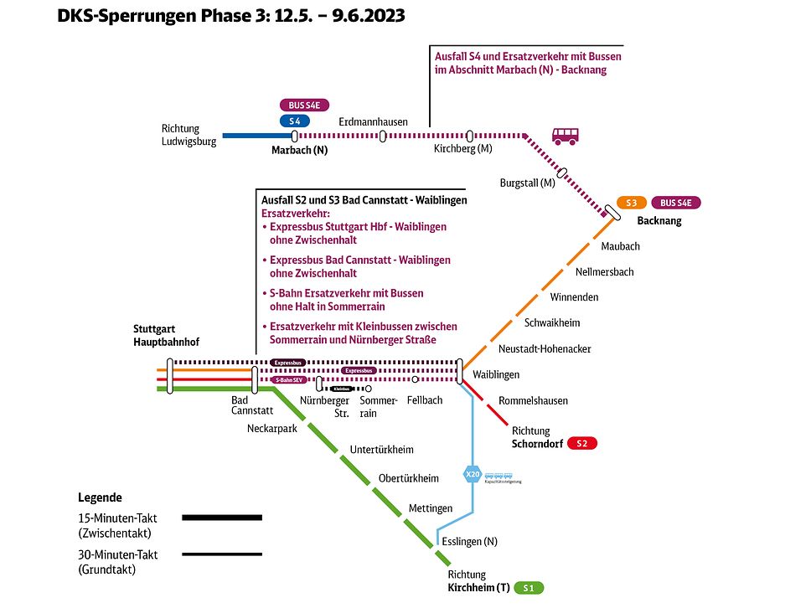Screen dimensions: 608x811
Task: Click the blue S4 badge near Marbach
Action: [x=294, y=121]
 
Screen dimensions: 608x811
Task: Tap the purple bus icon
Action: [x=565, y=136]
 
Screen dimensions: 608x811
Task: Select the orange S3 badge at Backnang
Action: [x=631, y=203]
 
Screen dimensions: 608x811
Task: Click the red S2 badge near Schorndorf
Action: [x=582, y=443]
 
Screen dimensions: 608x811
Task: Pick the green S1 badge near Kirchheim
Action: [x=529, y=588]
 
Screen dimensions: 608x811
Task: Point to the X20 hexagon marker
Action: [x=473, y=475]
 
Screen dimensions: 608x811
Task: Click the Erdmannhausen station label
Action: [x=373, y=121]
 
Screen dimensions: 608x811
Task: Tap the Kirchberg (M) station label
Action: [x=462, y=149]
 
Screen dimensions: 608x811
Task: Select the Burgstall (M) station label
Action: [x=527, y=183]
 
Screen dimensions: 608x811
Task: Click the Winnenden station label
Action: [x=574, y=297]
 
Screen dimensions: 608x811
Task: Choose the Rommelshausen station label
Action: [x=533, y=400]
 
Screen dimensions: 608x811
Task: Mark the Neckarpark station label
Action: [x=272, y=428]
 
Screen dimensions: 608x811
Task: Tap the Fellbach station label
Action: [x=425, y=400]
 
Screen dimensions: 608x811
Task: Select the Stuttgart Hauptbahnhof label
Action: [x=166, y=335]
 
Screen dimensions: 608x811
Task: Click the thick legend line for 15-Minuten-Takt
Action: [x=222, y=518]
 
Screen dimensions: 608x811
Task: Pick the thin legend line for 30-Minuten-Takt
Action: [x=222, y=554]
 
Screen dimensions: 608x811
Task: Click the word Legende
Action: [x=100, y=497]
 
